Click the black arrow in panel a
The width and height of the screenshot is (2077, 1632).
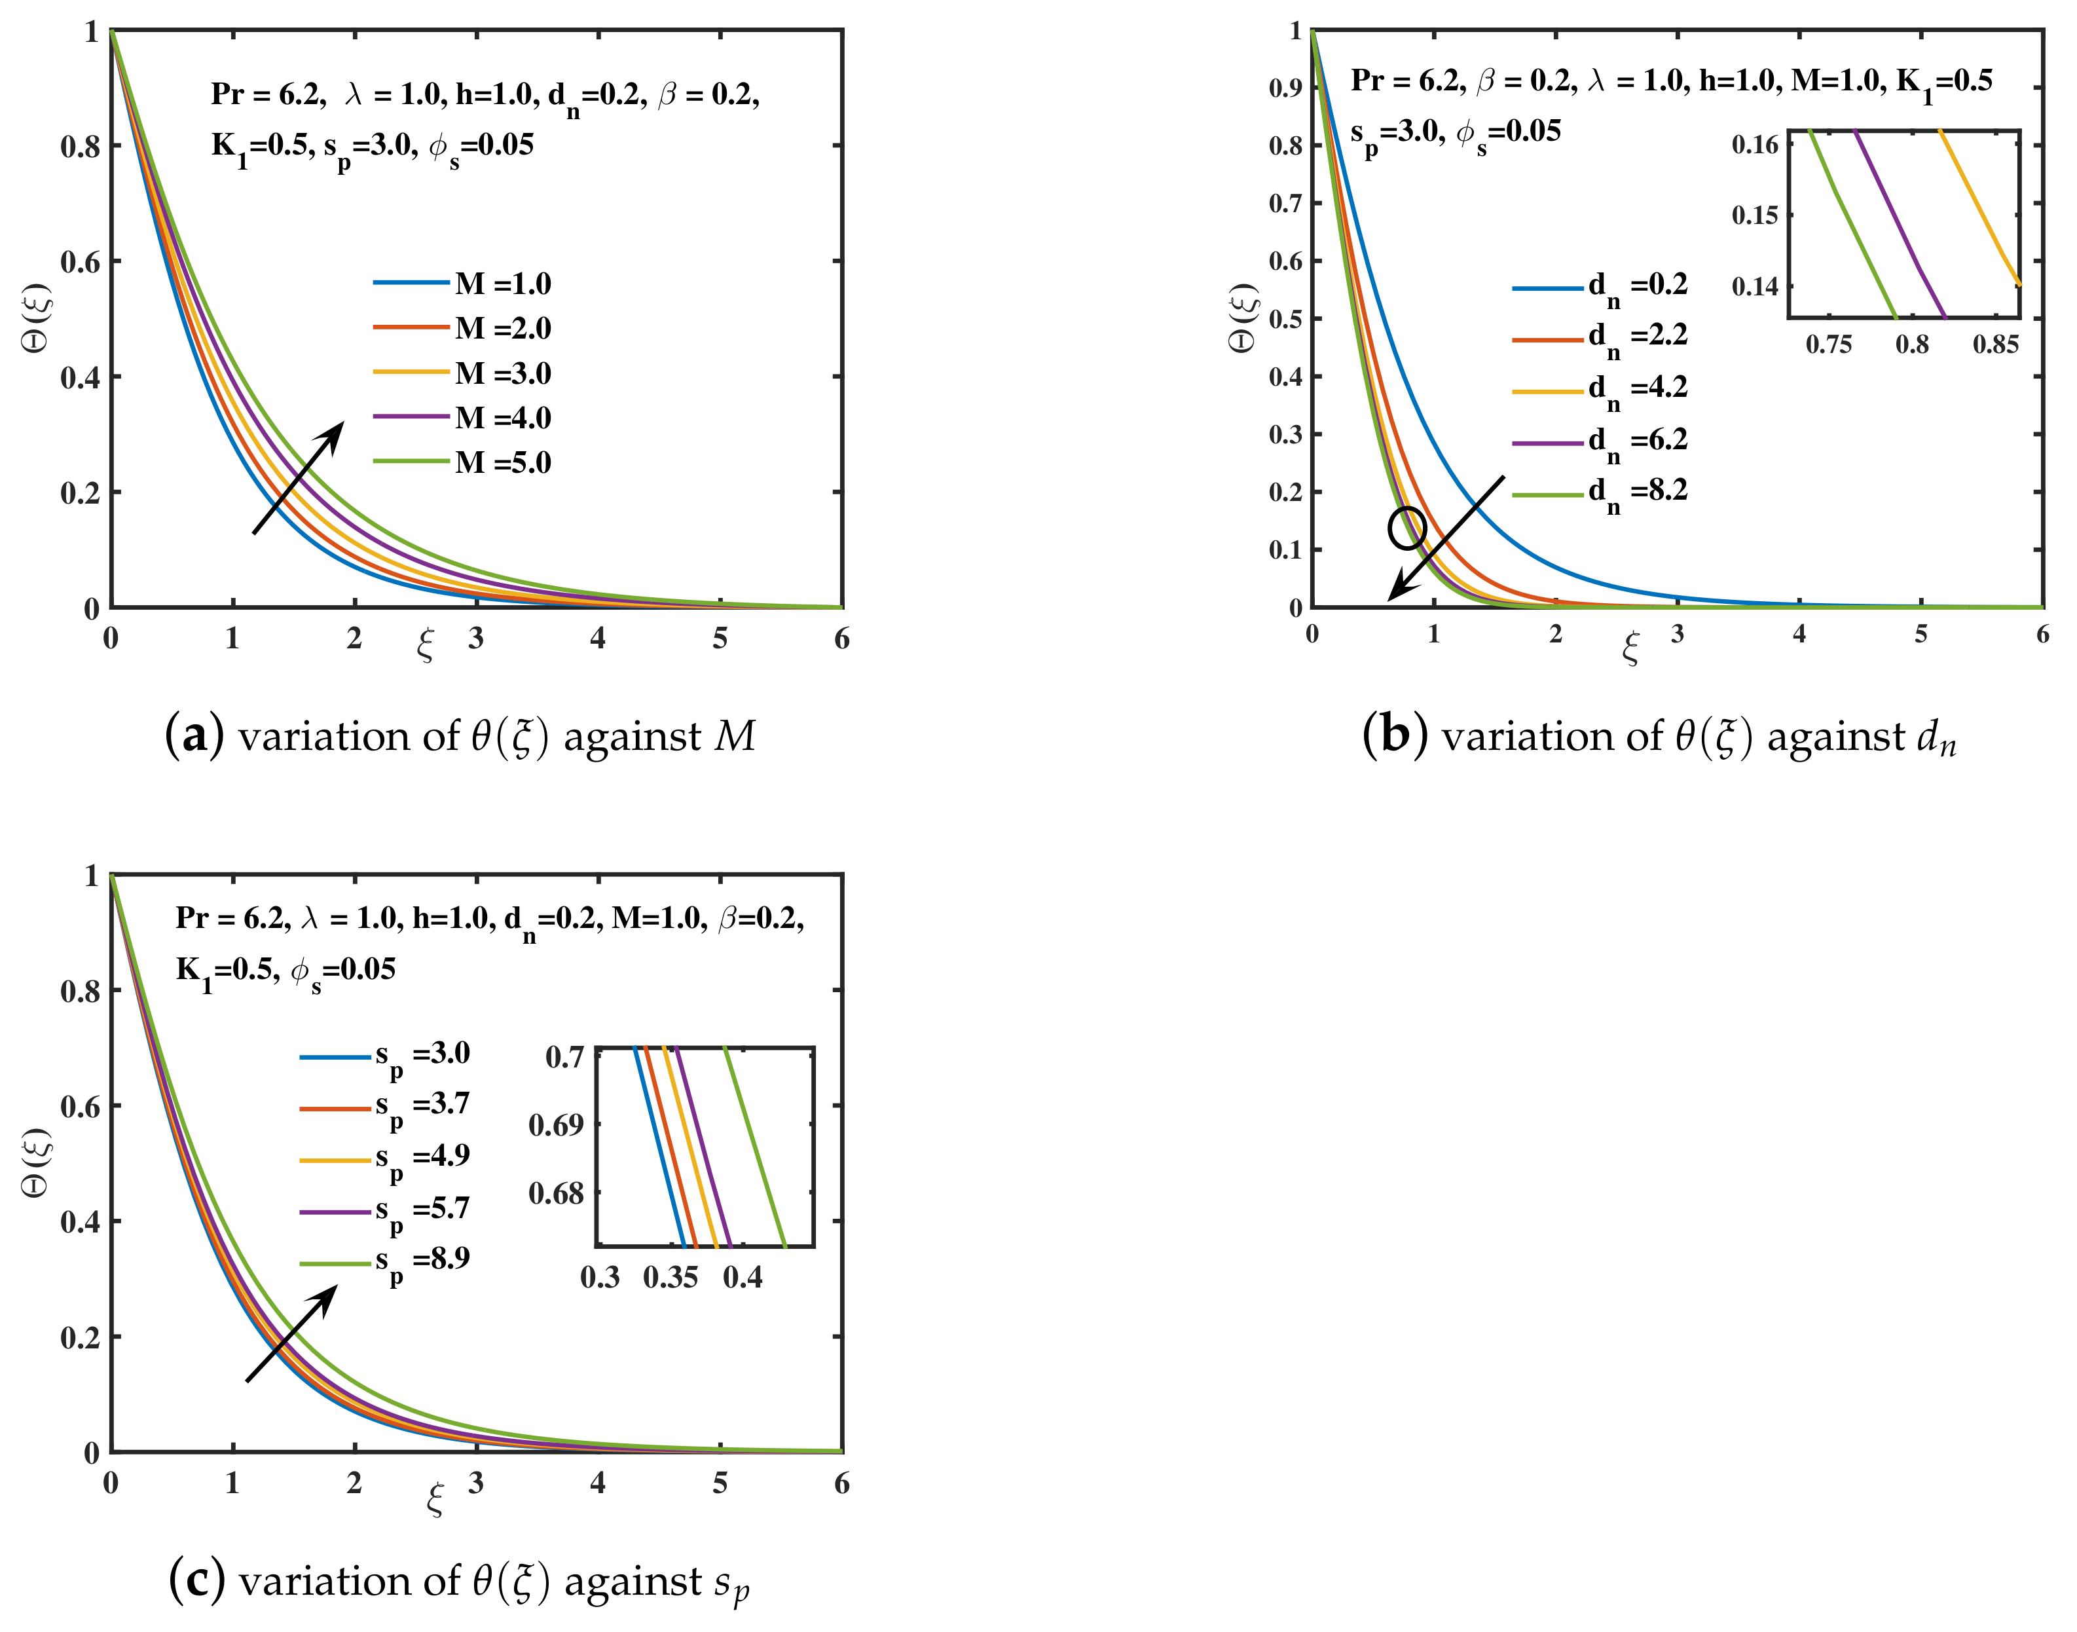(298, 478)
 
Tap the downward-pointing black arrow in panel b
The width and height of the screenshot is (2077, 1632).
(1446, 538)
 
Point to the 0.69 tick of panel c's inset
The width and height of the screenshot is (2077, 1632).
(555, 1124)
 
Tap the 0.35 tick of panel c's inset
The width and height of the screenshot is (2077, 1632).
(671, 1278)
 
